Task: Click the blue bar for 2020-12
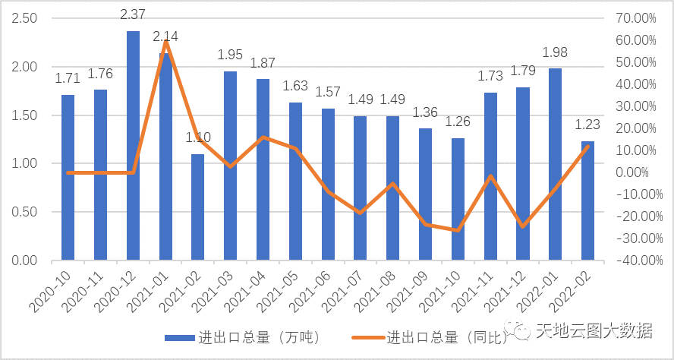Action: (x=133, y=146)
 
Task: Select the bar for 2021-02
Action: (x=198, y=207)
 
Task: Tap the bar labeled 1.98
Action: (x=556, y=164)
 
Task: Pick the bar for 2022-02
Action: (x=588, y=201)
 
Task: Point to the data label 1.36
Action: (x=426, y=113)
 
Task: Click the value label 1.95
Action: (x=231, y=55)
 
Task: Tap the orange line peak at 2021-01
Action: (x=165, y=41)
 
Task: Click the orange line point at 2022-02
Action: (x=588, y=146)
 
